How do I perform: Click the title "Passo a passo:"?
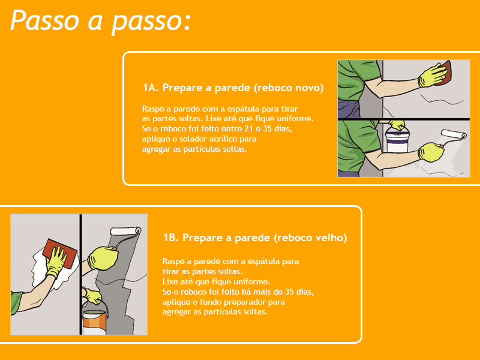click(101, 21)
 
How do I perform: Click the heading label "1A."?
click(151, 88)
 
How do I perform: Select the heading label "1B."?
click(171, 238)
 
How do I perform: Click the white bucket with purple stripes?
click(398, 140)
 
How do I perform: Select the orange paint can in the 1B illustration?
click(95, 322)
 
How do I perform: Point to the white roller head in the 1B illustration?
click(125, 231)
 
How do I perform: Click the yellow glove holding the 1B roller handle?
click(103, 259)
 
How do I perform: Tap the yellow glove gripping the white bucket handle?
click(397, 124)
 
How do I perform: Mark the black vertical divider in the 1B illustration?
click(80, 274)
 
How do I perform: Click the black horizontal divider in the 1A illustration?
click(404, 119)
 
